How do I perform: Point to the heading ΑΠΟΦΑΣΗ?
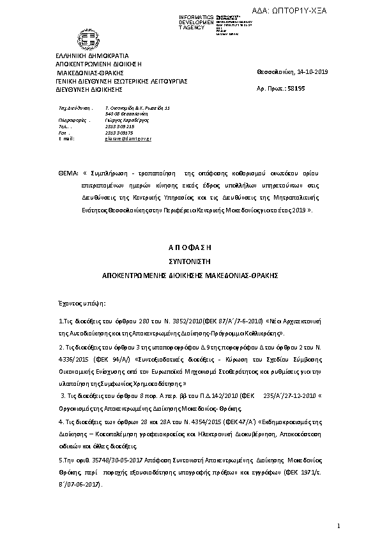[190, 246]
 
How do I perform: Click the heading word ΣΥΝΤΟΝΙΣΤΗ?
[190, 261]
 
